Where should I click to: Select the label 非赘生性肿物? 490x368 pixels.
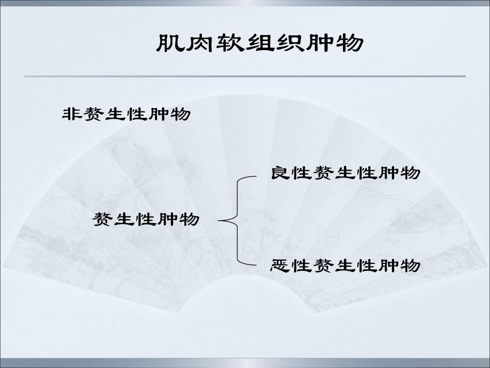[126, 114]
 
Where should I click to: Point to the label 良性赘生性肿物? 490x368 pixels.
[346, 173]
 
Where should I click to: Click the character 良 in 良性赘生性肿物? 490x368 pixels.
[280, 173]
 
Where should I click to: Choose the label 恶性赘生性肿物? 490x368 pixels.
[346, 265]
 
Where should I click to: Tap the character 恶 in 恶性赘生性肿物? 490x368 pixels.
[280, 265]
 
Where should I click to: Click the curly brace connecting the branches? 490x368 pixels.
[238, 219]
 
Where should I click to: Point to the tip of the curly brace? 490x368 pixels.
[220, 219]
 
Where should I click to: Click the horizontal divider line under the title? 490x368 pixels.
[245, 76]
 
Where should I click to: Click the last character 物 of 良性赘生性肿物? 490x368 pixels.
[411, 173]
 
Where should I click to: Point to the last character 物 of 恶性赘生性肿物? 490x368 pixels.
[411, 265]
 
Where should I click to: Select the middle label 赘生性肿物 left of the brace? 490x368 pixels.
[146, 219]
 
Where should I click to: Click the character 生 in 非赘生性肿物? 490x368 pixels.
[116, 114]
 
